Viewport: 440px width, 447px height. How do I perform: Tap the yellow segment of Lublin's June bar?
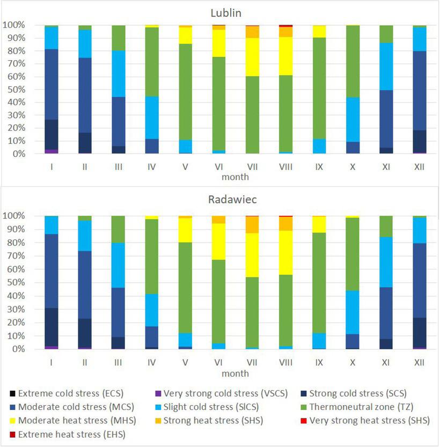(219, 43)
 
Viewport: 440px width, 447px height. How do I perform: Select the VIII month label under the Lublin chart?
(286, 167)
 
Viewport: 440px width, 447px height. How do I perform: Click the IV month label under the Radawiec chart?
(152, 363)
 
